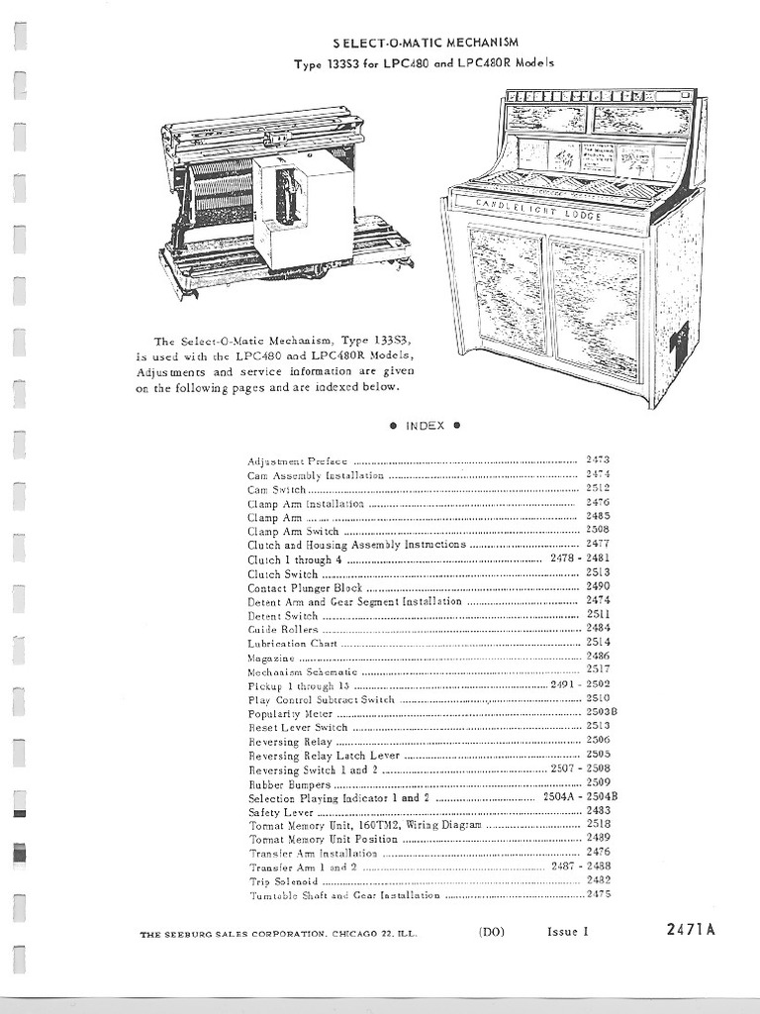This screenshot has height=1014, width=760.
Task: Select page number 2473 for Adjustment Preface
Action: [x=598, y=460]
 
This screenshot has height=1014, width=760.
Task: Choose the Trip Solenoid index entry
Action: [x=283, y=880]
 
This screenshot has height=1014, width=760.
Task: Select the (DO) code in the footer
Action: [x=492, y=931]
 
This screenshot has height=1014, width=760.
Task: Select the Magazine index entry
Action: [x=270, y=657]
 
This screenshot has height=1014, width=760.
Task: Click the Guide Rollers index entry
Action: [x=283, y=629]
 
